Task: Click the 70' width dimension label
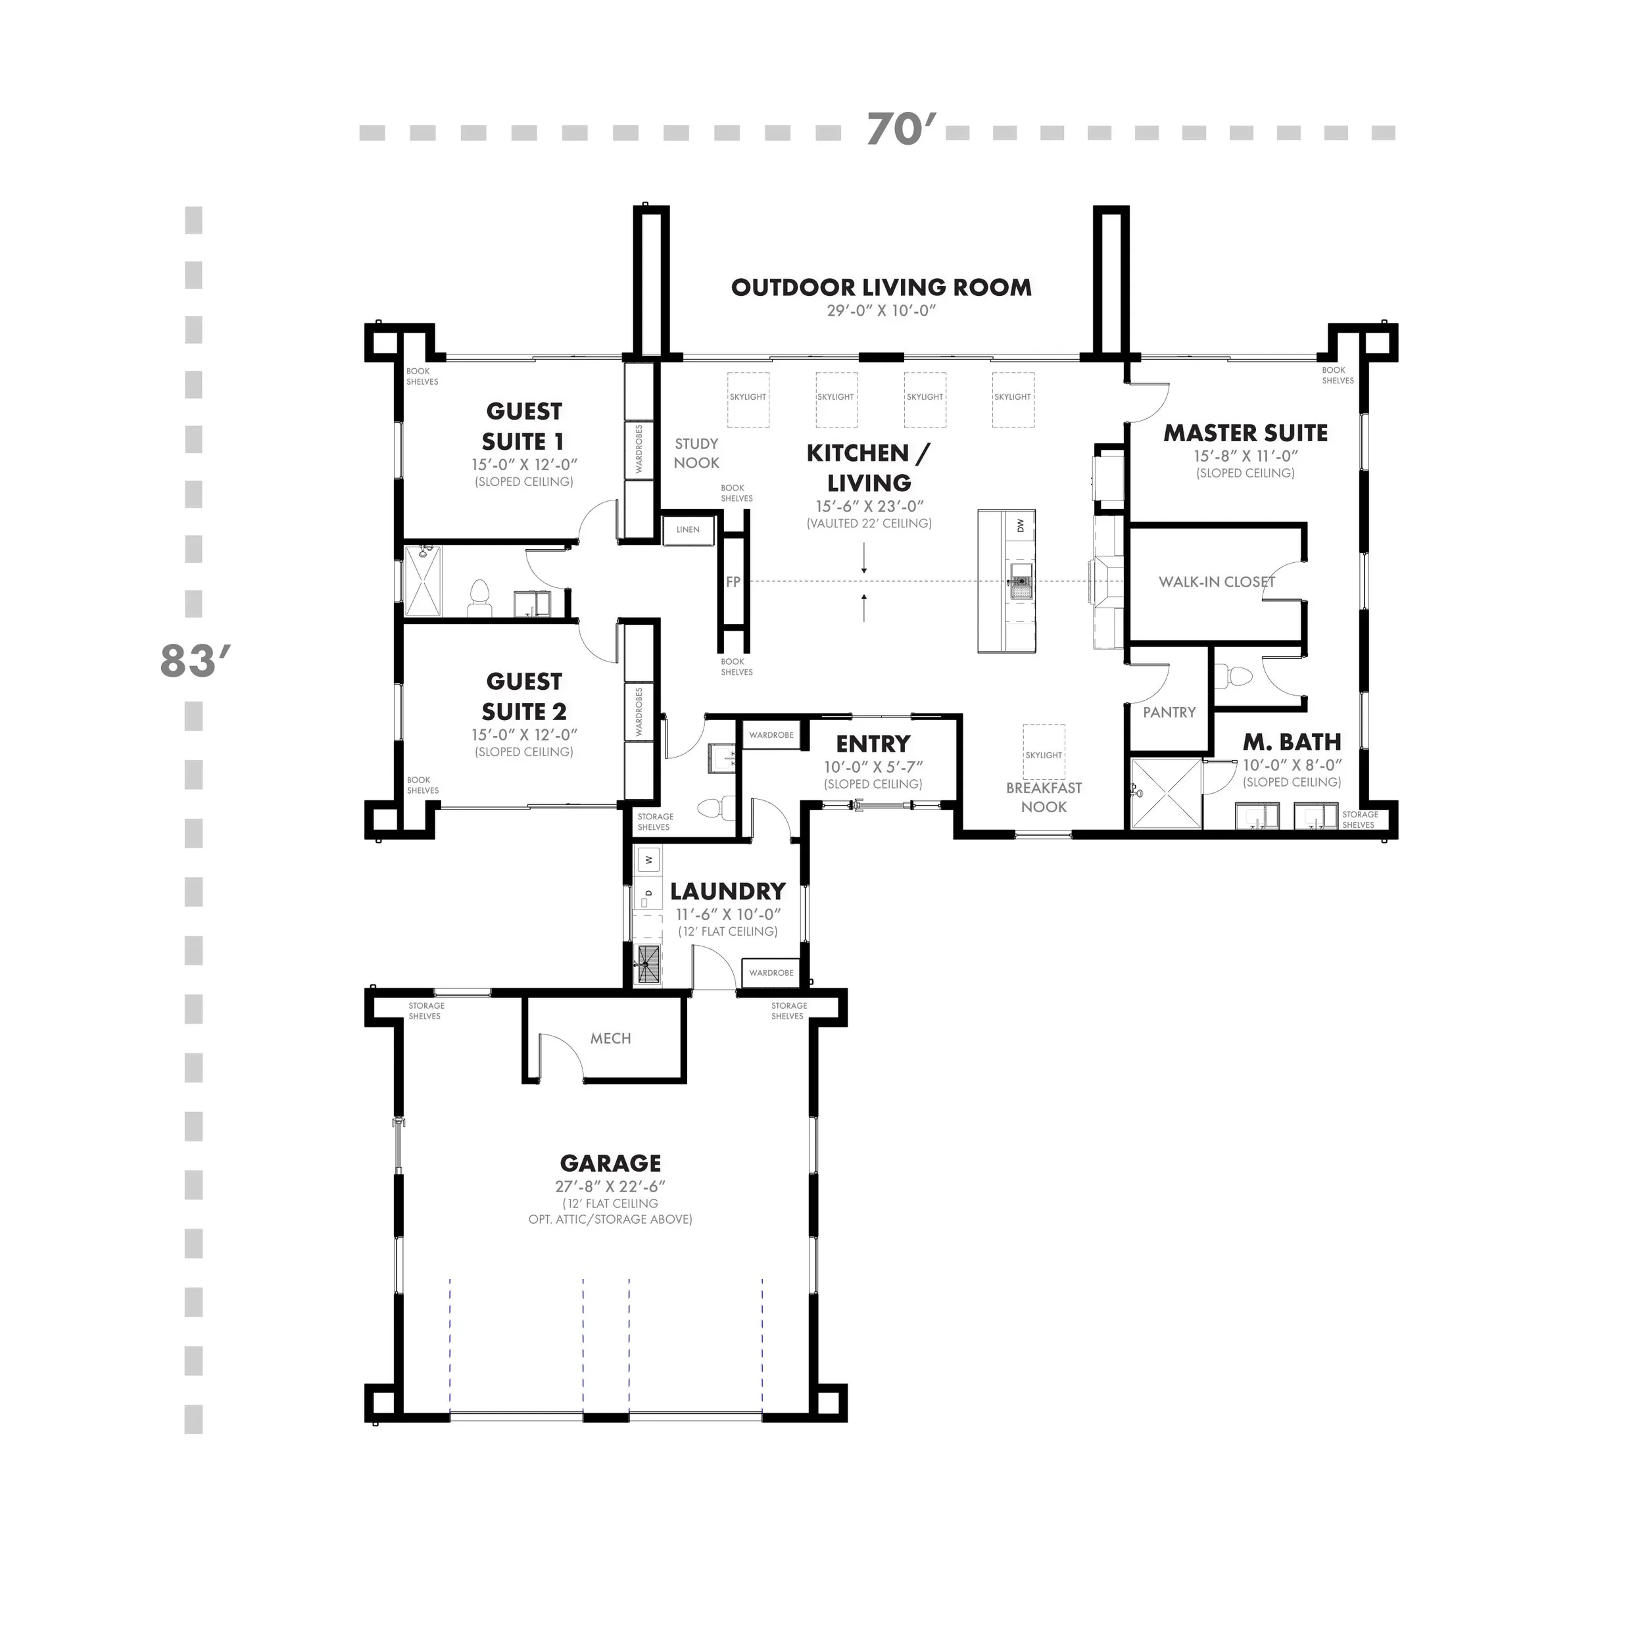click(x=894, y=130)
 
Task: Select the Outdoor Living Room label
click(x=881, y=287)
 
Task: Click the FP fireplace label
click(x=733, y=582)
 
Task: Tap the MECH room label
click(x=610, y=1038)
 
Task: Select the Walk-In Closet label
click(x=1216, y=582)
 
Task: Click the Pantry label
click(x=1169, y=712)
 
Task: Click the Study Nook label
click(x=696, y=452)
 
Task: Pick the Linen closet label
click(x=688, y=529)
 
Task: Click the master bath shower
click(x=1164, y=794)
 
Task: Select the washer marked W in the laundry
click(x=648, y=859)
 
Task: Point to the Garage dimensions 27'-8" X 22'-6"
click(x=610, y=1186)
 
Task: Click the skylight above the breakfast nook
click(x=1043, y=752)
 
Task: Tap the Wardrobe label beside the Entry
click(x=771, y=735)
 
